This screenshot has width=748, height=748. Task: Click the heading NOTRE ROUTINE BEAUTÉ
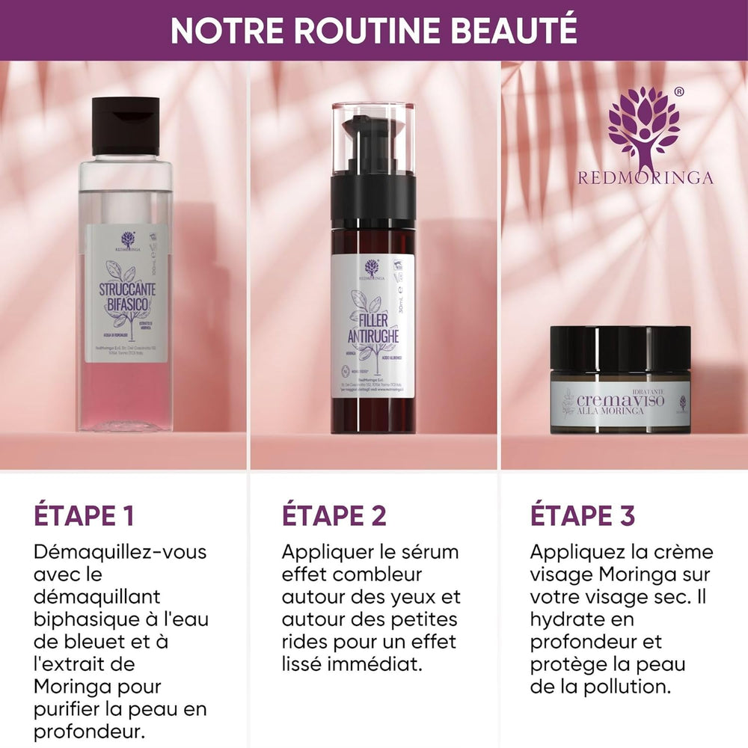[x=373, y=30]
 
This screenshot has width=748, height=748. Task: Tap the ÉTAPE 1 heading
[x=84, y=515]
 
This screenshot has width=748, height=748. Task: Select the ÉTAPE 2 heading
[x=334, y=515]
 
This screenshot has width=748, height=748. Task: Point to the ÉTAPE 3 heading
[x=583, y=515]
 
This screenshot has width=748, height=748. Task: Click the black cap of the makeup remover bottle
[x=126, y=125]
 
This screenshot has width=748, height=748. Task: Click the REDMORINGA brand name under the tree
[x=645, y=178]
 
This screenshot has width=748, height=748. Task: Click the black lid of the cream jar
[x=620, y=348]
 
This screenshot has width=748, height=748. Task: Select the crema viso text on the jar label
[x=621, y=401]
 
